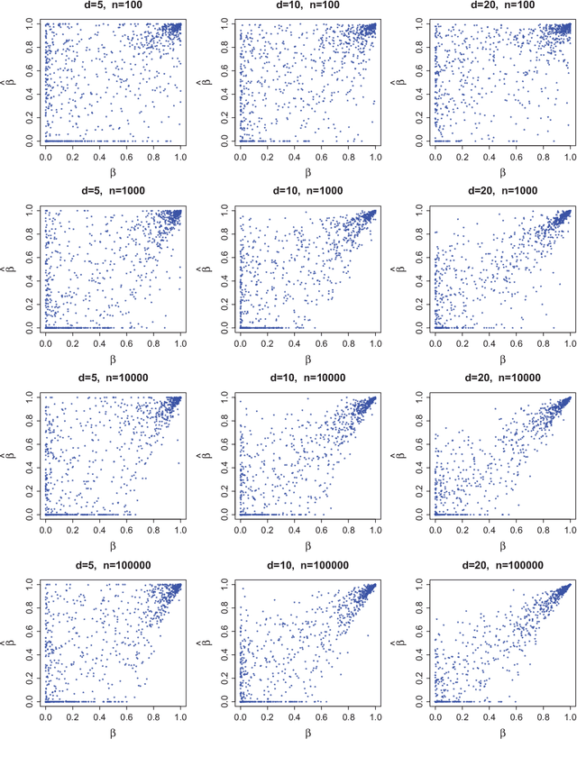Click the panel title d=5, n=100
click(x=112, y=5)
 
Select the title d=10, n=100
click(x=307, y=5)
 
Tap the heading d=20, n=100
click(x=501, y=5)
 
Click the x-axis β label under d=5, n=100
click(x=112, y=171)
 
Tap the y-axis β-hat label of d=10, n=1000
click(x=202, y=268)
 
